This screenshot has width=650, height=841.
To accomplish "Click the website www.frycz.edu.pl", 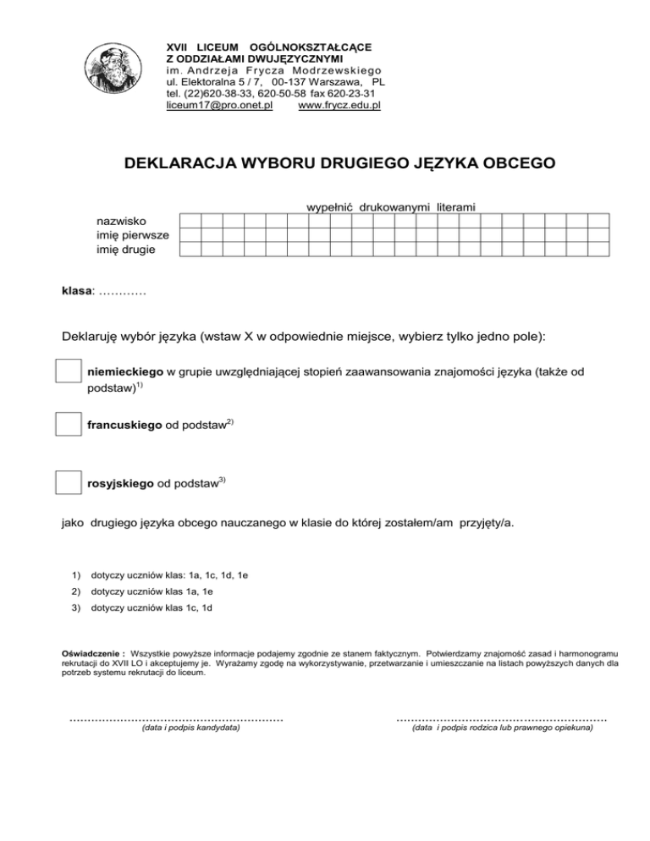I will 340,106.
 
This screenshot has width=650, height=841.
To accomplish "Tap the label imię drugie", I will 127,250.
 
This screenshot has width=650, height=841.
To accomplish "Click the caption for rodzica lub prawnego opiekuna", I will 501,727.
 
